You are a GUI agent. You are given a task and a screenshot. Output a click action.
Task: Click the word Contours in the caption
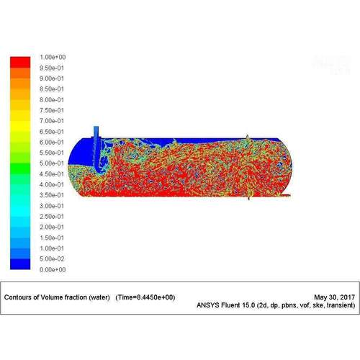point(19,297)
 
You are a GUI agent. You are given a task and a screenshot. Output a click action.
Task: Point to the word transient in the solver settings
point(339,305)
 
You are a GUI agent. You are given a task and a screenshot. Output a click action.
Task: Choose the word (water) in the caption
point(98,297)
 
